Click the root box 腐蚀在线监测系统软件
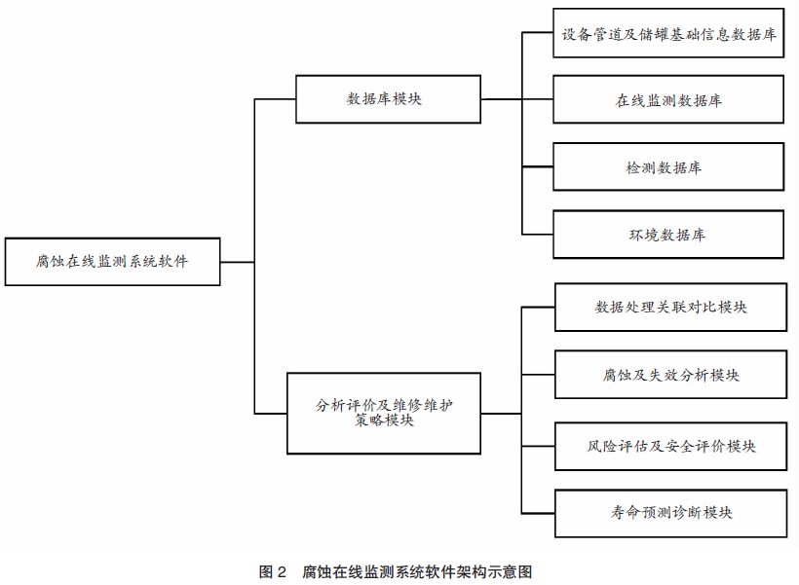pyautogui.click(x=112, y=261)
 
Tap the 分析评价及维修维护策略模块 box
pyautogui.click(x=384, y=413)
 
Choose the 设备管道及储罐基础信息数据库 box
pyautogui.click(x=668, y=34)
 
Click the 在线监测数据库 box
pyautogui.click(x=668, y=99)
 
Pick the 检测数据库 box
pyautogui.click(x=668, y=167)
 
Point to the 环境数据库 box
pyautogui.click(x=668, y=235)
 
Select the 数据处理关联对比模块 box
pyautogui.click(x=670, y=308)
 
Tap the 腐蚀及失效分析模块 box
pyautogui.click(x=670, y=376)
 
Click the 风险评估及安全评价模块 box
pyautogui.click(x=670, y=446)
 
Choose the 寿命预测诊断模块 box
pyautogui.click(x=670, y=512)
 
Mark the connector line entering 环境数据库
pyautogui.click(x=538, y=234)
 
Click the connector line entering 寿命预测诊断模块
pyautogui.click(x=539, y=512)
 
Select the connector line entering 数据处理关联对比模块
pyautogui.click(x=539, y=308)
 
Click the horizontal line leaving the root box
pyautogui.click(x=237, y=261)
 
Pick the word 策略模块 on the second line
pyautogui.click(x=385, y=422)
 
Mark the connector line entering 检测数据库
pyautogui.click(x=538, y=166)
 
